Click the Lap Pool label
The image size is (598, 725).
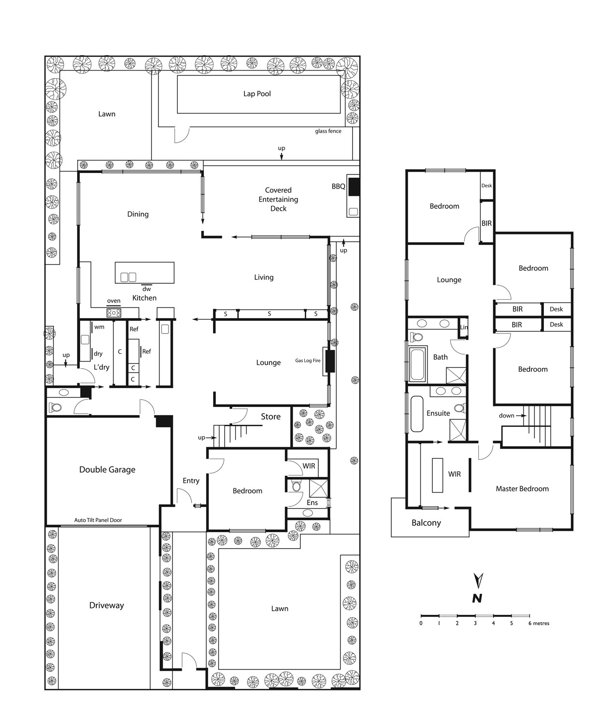pos(257,94)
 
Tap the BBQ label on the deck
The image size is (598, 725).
pos(339,187)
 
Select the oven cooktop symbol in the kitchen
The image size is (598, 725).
pos(114,313)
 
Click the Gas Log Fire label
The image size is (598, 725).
pos(308,361)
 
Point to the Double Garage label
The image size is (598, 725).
pos(107,469)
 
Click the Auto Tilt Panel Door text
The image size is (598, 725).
pos(98,520)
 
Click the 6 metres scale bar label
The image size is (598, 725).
pos(539,623)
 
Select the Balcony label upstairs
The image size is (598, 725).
pos(426,522)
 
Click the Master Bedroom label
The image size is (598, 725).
pos(522,489)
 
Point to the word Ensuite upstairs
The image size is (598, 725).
pos(438,413)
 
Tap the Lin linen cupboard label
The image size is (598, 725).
pos(464,327)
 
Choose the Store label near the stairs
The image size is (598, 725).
pos(271,417)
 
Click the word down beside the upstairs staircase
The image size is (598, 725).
pos(506,415)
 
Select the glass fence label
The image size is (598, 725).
pos(328,131)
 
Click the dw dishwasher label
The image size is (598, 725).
pos(146,289)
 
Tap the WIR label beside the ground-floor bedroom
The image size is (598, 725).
pos(309,465)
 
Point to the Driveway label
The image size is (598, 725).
pos(107,605)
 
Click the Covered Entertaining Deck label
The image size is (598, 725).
pos(278,199)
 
